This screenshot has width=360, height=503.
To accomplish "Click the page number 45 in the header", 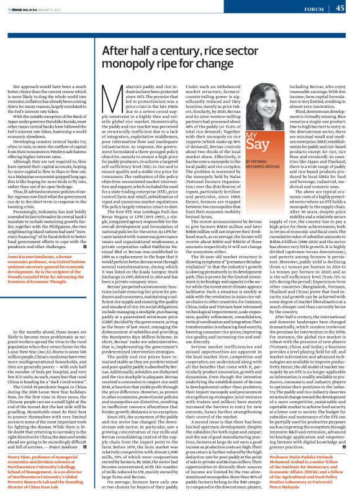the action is pos(340,8).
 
